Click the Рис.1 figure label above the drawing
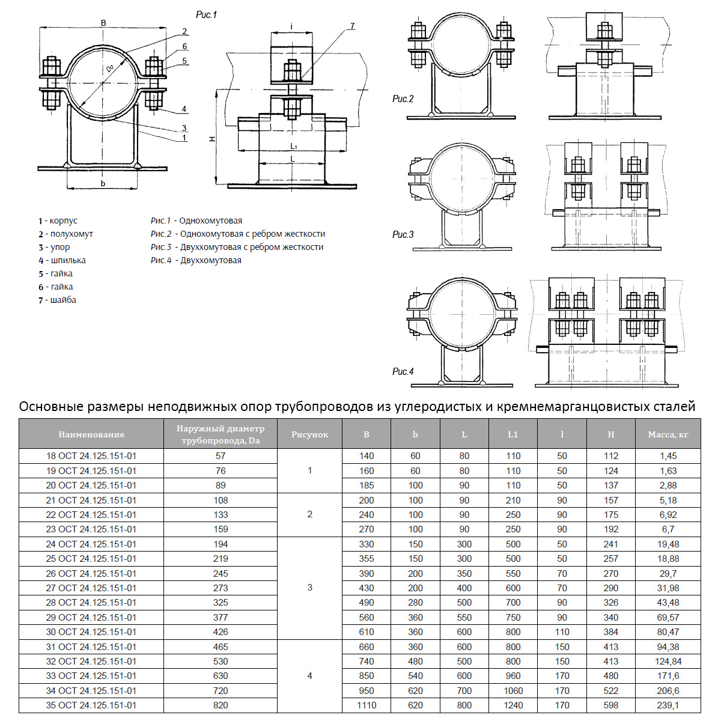pyautogui.click(x=206, y=15)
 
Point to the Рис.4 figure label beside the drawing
pyautogui.click(x=403, y=371)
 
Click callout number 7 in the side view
pyautogui.click(x=352, y=26)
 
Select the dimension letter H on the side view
pyautogui.click(x=212, y=139)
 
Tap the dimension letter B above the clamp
pyautogui.click(x=103, y=23)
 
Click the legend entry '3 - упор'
pyautogui.click(x=54, y=247)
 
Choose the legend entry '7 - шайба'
pyautogui.click(x=57, y=300)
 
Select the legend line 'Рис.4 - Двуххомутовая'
pyautogui.click(x=196, y=260)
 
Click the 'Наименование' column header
pyautogui.click(x=91, y=434)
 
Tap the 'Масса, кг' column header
pyautogui.click(x=668, y=434)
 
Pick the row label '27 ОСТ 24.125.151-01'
pyautogui.click(x=91, y=588)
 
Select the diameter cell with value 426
pyautogui.click(x=221, y=631)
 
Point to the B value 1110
pyautogui.click(x=366, y=705)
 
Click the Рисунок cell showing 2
pyautogui.click(x=309, y=514)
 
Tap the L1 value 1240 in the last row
pyautogui.click(x=513, y=705)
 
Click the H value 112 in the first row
pyautogui.click(x=610, y=456)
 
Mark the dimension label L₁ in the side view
pyautogui.click(x=293, y=146)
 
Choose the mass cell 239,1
pyautogui.click(x=668, y=705)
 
